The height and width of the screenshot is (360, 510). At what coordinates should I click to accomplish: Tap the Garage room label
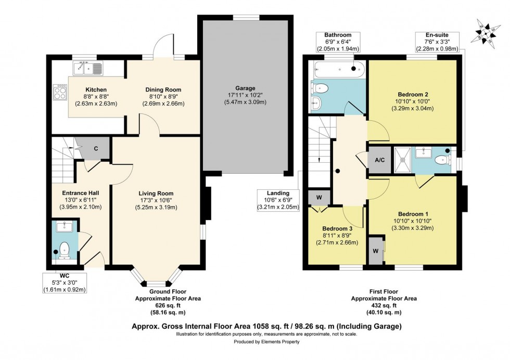(245, 88)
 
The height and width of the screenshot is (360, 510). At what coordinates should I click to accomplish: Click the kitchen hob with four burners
(60, 93)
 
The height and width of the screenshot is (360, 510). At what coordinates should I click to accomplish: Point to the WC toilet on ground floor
(65, 249)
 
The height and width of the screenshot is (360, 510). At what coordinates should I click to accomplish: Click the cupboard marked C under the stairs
(96, 148)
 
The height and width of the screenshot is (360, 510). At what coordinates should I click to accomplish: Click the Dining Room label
(163, 89)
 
